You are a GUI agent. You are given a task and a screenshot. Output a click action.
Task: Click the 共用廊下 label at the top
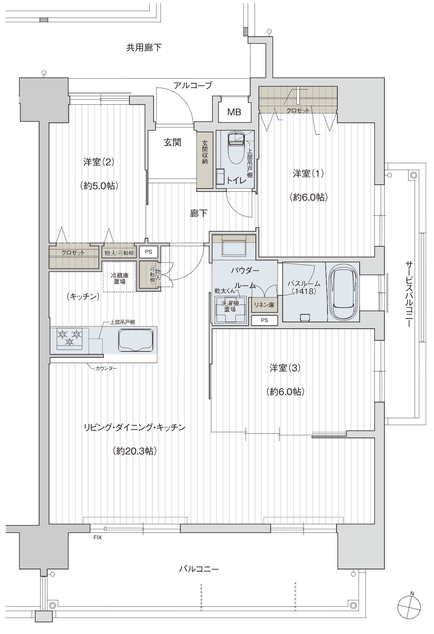144,47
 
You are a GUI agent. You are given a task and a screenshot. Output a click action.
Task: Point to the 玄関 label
172,142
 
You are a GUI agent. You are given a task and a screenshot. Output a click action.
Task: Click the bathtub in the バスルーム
343,292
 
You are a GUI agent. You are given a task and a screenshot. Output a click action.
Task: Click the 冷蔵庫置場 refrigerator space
119,277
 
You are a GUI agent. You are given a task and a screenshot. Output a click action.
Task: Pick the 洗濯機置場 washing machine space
230,310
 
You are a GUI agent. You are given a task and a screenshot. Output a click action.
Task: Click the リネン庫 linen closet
264,305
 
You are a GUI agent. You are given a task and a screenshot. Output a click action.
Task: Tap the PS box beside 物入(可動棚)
149,251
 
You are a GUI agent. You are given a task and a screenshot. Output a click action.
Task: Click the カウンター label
106,368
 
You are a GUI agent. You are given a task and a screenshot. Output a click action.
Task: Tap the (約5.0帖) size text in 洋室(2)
99,186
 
